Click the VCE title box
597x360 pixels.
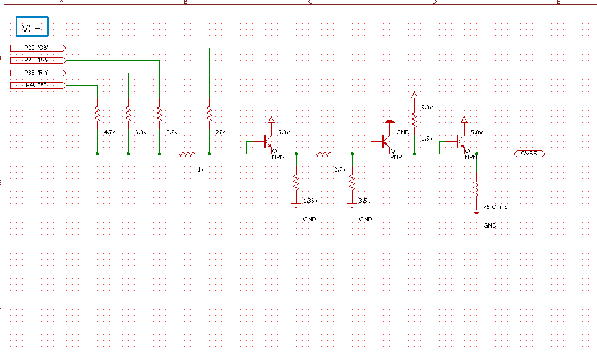click(x=32, y=27)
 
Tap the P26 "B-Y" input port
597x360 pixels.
click(x=37, y=60)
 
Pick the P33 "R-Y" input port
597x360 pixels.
click(x=37, y=73)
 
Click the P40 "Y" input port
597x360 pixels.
click(x=37, y=85)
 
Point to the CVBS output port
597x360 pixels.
click(x=530, y=153)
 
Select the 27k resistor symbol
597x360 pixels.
click(x=209, y=114)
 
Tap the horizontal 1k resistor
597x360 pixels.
click(x=187, y=153)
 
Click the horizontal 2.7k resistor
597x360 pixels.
click(x=323, y=153)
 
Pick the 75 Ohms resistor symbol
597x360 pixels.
click(x=476, y=187)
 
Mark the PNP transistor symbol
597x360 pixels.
click(x=386, y=144)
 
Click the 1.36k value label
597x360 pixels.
click(x=310, y=201)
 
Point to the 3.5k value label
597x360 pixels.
click(x=365, y=201)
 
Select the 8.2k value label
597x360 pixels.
click(x=172, y=132)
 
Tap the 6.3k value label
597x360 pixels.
click(x=141, y=132)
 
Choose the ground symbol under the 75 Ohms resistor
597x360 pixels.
click(x=476, y=211)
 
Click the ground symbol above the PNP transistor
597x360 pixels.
click(x=389, y=120)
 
